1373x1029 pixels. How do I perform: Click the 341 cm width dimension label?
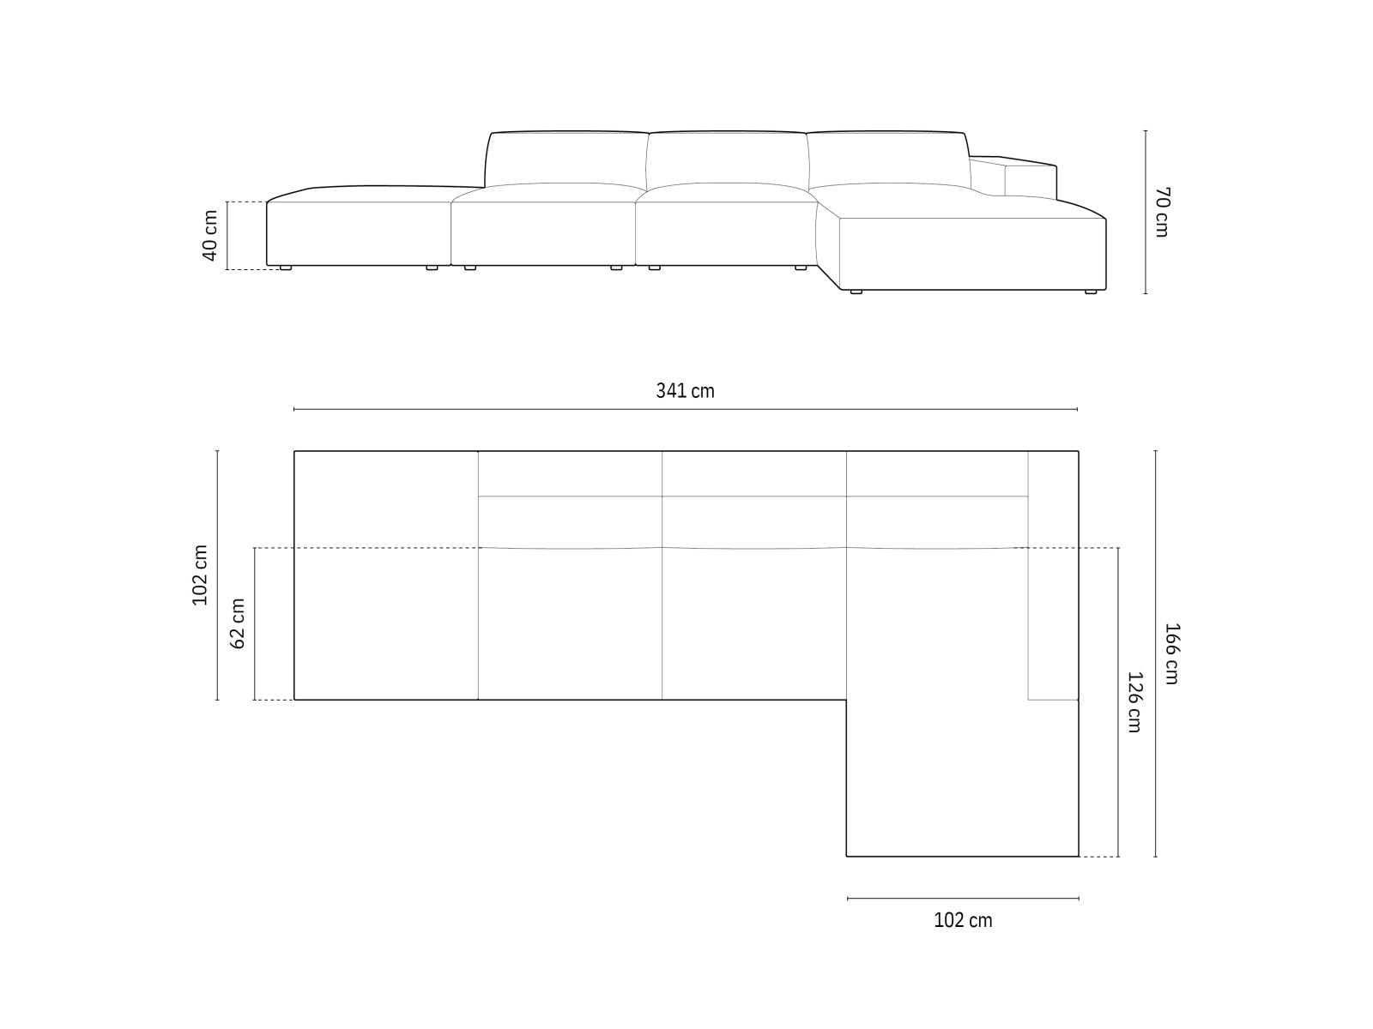pos(685,391)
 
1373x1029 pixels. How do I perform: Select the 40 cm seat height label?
pos(210,236)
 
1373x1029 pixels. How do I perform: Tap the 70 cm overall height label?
pos(1161,212)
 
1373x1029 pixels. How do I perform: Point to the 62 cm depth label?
pos(239,623)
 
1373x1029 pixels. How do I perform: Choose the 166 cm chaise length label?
pos(1172,653)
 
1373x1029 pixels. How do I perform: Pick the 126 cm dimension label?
pos(1134,701)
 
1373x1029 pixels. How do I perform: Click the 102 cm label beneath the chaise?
pos(963,921)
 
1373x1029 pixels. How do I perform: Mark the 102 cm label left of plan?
pos(201,575)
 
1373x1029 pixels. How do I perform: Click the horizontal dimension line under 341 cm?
pos(685,410)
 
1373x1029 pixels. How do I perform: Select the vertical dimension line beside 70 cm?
pos(1146,212)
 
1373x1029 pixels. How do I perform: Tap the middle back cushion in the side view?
pos(726,159)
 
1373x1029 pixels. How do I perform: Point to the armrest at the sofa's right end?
pos(1030,177)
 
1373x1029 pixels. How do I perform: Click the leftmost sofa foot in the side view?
pos(285,268)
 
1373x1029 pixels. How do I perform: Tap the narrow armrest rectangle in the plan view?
pos(1053,575)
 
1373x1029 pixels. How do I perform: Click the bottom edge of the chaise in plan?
pos(962,856)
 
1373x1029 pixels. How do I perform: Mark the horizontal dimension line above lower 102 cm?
pos(963,899)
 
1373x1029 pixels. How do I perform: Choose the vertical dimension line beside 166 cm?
pos(1156,653)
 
